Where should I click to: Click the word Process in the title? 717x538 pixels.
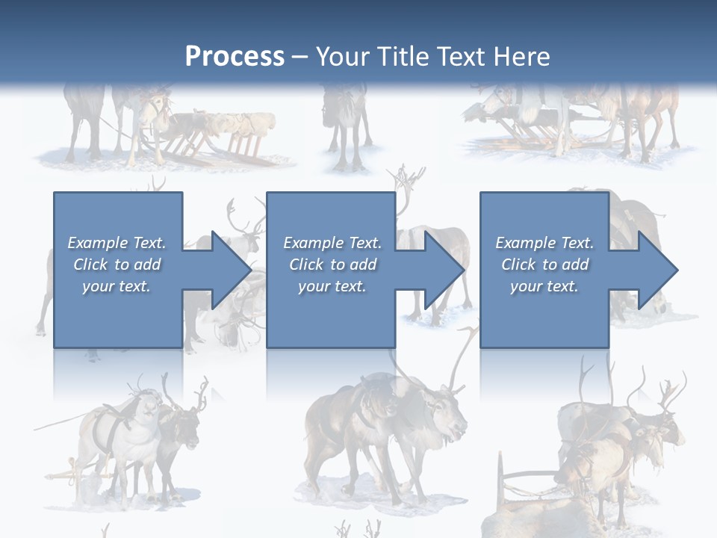click(x=235, y=57)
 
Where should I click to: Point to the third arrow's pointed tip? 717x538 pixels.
click(x=675, y=270)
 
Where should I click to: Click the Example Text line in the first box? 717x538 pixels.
click(x=117, y=243)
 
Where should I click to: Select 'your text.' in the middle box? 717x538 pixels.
click(x=332, y=286)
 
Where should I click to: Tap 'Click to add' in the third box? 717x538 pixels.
click(x=544, y=265)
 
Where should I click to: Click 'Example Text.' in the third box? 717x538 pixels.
click(x=544, y=243)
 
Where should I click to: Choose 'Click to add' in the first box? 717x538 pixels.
click(x=117, y=265)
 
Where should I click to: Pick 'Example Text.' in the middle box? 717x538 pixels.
click(x=332, y=243)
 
